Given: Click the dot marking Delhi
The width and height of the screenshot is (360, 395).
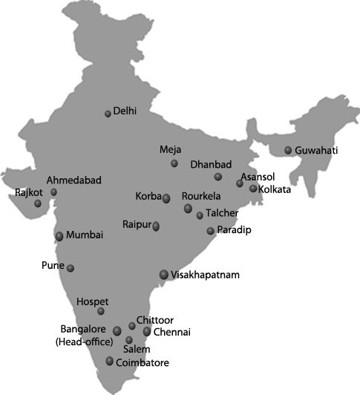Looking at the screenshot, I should pos(108,113).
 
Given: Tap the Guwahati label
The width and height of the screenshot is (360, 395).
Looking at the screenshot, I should pos(316,151).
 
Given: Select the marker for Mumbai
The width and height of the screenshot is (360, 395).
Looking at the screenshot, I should pos(59,236).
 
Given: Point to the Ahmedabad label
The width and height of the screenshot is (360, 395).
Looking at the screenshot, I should pos(74,180).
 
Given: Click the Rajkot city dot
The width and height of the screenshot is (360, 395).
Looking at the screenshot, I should pos(38,203).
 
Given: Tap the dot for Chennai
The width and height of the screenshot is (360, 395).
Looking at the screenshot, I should pos(147,331).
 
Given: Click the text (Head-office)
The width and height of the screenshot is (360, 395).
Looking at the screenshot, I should pos(84,342).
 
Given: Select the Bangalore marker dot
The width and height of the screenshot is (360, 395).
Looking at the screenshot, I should pos(117,330).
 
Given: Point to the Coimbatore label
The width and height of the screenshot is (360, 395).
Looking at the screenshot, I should pos(143,363).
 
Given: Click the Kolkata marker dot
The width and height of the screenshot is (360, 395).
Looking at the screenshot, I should pos(253,189).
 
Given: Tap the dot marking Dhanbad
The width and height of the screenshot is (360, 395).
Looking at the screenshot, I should pos(218,177).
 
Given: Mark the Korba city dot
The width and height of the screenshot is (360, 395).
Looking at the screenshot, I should pos(166,198).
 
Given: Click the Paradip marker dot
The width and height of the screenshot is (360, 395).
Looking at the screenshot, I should pos(210,231).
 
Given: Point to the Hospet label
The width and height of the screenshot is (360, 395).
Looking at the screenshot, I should pos(93,301).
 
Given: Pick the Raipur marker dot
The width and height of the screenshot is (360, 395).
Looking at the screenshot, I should pos(156,226).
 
